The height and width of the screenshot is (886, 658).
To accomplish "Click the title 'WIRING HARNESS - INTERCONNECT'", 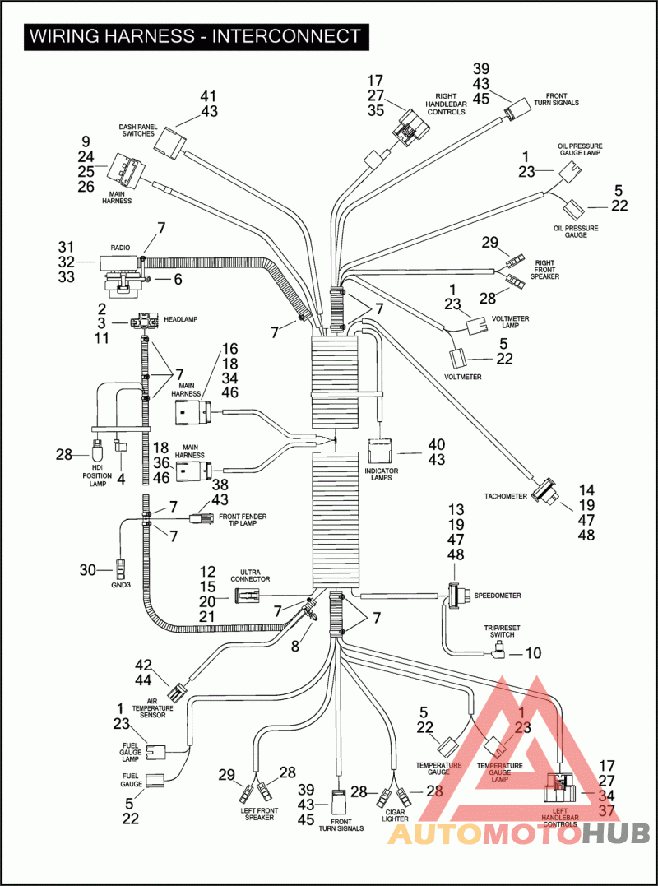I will (x=194, y=36).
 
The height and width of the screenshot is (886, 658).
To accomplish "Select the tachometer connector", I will (x=545, y=491).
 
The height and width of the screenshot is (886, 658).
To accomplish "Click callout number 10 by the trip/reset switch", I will (x=534, y=654).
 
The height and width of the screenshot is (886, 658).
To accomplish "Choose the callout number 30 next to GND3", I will (x=88, y=569).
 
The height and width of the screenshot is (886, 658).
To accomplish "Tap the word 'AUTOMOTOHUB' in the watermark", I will (x=519, y=834).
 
